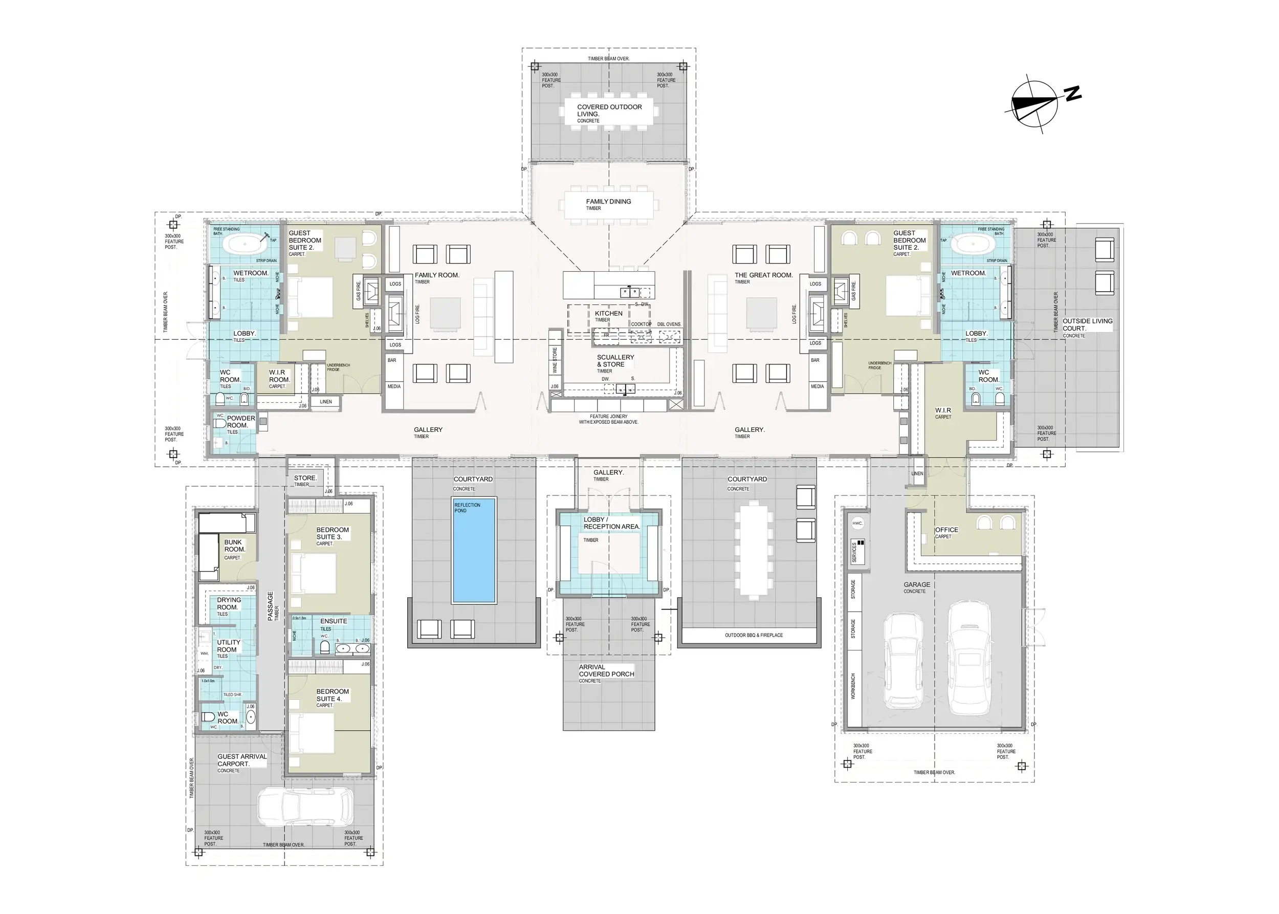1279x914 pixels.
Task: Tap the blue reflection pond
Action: coord(474,550)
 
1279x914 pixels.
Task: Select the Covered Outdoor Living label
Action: coord(609,111)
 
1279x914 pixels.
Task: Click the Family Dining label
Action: coord(608,202)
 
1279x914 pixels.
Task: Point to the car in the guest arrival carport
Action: coord(305,806)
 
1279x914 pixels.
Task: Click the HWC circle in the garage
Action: coord(857,524)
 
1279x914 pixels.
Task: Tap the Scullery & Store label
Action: coord(615,361)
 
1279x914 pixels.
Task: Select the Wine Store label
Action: coord(555,360)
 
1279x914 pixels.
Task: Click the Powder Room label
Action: coord(240,422)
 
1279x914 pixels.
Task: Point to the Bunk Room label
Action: coord(234,546)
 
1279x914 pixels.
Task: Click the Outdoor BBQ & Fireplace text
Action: coord(754,635)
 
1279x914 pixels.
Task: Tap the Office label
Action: coord(946,530)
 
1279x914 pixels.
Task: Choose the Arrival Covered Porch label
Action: coord(606,670)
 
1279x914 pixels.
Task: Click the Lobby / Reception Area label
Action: coord(611,523)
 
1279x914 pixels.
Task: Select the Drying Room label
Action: coord(229,603)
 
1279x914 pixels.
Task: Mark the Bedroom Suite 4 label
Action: coord(332,695)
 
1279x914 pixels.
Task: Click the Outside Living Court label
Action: coord(1087,325)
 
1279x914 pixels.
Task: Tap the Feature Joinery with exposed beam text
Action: coord(608,419)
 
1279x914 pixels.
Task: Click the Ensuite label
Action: coord(333,621)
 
